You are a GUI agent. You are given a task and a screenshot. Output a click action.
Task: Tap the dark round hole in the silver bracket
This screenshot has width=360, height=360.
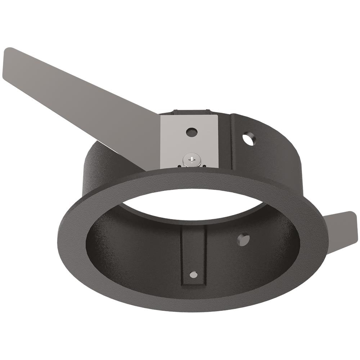[192, 132]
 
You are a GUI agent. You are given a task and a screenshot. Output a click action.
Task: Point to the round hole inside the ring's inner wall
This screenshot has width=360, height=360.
[243, 239]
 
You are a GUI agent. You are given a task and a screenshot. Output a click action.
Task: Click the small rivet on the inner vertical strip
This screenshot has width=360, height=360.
[194, 275]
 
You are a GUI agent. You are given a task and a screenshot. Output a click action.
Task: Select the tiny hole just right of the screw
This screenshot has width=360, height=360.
[204, 166]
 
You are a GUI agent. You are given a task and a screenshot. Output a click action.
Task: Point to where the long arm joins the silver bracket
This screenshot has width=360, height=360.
[160, 137]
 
